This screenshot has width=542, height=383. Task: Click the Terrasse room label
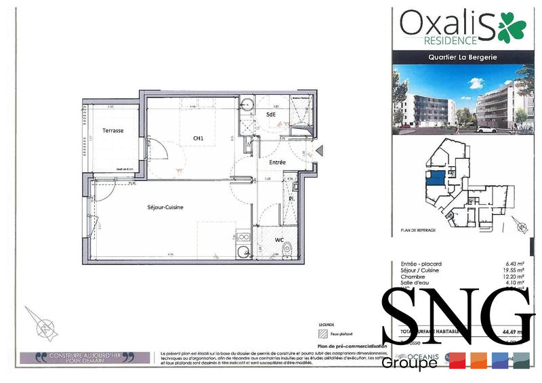[x=112, y=131]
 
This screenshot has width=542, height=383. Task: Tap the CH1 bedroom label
[x=199, y=138]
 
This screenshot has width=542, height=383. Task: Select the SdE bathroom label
[x=271, y=115]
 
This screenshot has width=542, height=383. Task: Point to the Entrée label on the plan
[x=277, y=163]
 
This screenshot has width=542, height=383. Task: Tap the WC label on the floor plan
[x=279, y=240]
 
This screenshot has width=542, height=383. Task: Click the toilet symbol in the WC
[x=288, y=249]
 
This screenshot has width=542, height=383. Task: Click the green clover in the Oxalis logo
[x=512, y=26]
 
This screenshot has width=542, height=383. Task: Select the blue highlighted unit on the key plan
[x=435, y=179]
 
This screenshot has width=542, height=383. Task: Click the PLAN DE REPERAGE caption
[x=418, y=230]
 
